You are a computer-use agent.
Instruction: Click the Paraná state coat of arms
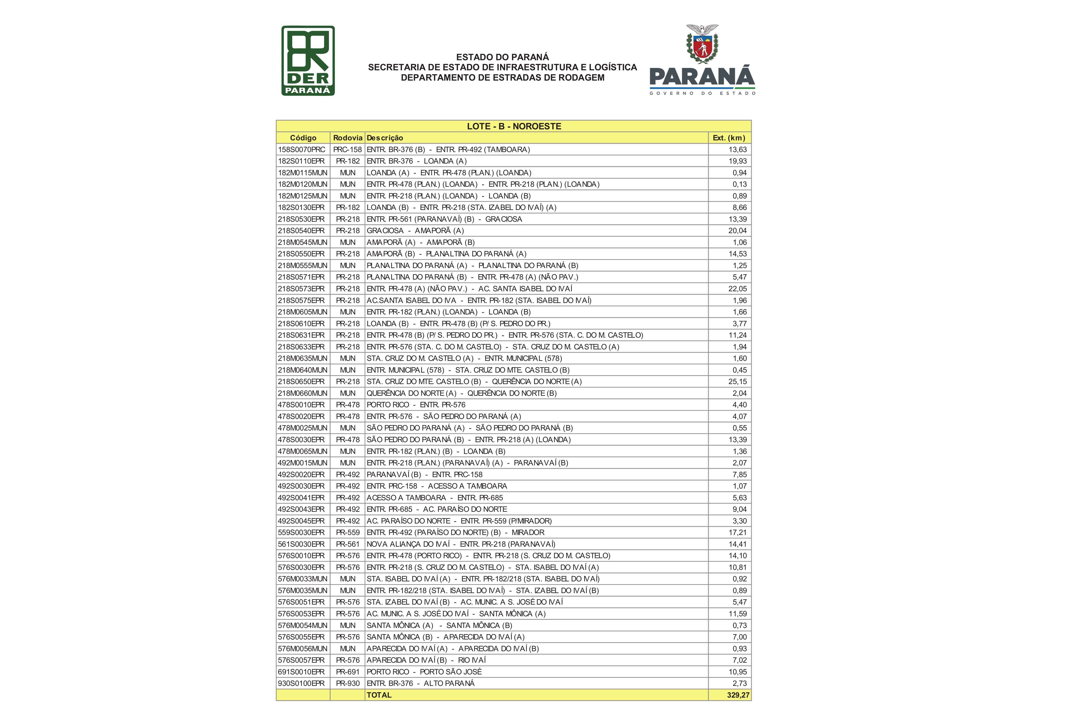(702, 45)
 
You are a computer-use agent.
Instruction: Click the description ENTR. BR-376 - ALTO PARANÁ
(420, 683)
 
